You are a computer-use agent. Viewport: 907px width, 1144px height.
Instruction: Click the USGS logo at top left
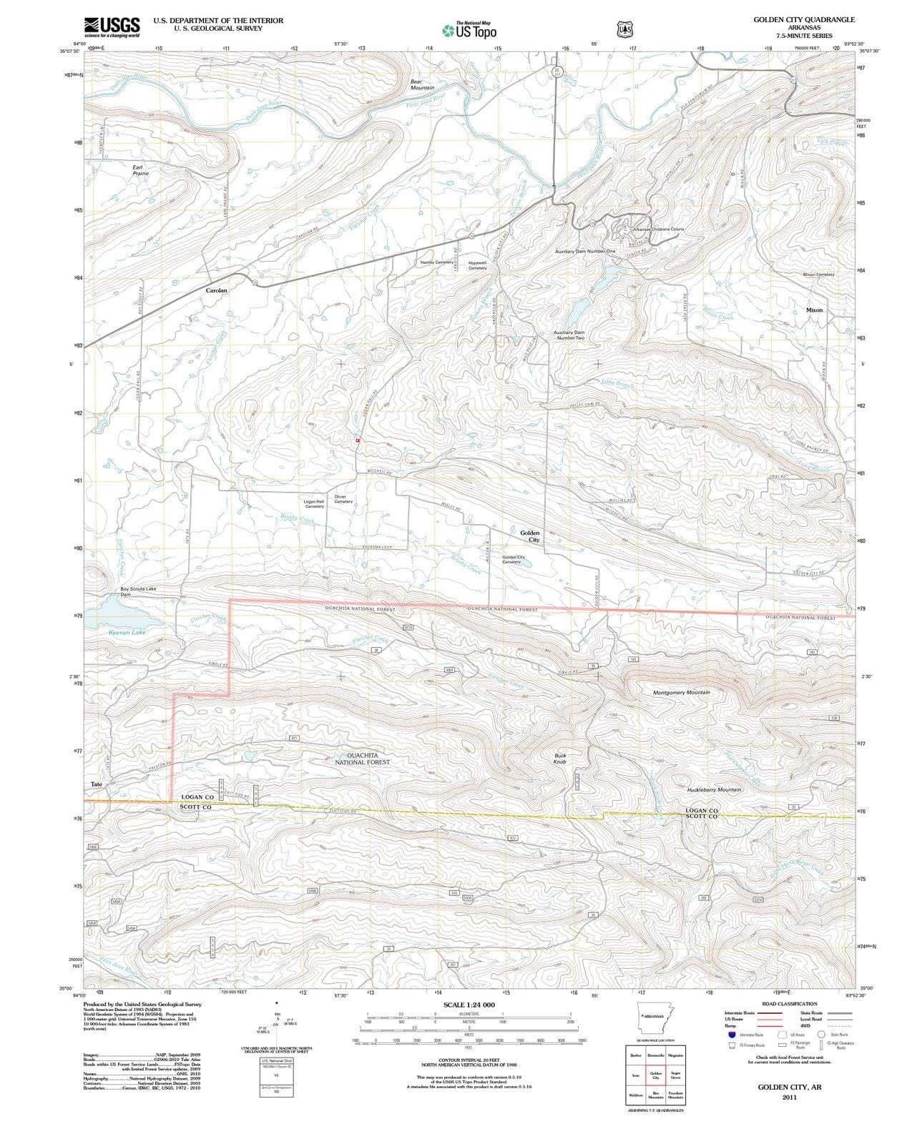coord(111,26)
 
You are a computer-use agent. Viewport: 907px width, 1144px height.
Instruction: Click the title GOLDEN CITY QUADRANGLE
coord(803,20)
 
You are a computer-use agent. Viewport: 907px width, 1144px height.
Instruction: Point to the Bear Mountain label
coord(422,84)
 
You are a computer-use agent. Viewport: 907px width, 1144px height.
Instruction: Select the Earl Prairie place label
coord(141,170)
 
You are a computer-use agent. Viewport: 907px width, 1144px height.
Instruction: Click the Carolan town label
coord(217,290)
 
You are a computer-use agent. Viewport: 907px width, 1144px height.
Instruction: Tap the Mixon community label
coord(814,310)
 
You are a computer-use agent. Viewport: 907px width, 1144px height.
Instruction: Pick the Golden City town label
coord(530,536)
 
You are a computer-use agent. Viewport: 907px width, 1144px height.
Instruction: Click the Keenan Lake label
coord(127,632)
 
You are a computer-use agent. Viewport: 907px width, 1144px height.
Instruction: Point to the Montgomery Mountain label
coord(681,693)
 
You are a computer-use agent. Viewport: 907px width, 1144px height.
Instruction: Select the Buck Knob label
coord(560,759)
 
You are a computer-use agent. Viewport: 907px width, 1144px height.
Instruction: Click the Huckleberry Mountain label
coord(713,789)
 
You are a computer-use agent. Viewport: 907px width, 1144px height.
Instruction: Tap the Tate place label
coord(97,784)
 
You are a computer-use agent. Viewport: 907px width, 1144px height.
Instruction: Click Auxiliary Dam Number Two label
coord(569,335)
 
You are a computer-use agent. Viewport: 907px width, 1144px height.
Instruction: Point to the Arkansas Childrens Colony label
coord(658,229)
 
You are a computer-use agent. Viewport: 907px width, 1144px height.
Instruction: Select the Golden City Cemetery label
coord(511,559)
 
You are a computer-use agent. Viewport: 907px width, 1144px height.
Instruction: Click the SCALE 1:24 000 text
coord(469,1005)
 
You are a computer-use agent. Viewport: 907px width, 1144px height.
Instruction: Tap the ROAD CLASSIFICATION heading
coord(786,1004)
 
